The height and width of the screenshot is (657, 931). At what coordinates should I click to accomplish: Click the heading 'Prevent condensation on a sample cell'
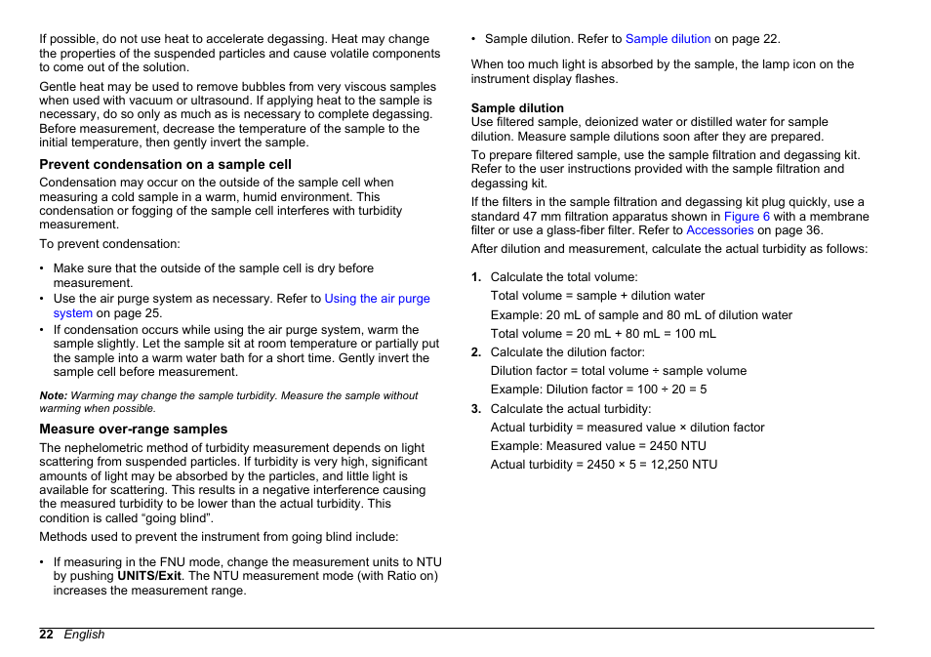tap(165, 165)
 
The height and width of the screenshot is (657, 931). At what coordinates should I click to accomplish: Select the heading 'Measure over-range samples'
tap(133, 430)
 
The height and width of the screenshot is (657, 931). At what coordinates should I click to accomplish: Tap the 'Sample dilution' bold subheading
tap(517, 108)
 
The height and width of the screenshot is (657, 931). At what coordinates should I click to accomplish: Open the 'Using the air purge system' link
tap(377, 299)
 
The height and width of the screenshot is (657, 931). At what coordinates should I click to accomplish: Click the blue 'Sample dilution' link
tap(668, 39)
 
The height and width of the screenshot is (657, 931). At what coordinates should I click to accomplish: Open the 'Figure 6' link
tap(747, 217)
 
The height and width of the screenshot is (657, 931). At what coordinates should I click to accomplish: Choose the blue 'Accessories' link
tap(719, 230)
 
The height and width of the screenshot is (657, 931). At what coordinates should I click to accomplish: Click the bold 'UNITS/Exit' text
tap(150, 576)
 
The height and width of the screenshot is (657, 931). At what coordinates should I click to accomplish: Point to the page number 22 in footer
tap(46, 635)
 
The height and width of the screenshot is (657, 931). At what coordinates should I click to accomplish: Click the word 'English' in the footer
tap(84, 635)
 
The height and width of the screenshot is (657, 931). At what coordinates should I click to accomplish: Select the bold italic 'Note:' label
tap(53, 395)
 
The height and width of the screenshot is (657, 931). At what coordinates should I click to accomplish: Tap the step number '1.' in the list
tap(476, 277)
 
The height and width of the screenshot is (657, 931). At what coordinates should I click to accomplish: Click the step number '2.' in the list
tap(476, 352)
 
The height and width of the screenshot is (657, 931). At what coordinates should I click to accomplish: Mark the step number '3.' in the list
tap(476, 409)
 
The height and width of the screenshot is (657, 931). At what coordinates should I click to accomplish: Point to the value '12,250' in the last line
tap(666, 465)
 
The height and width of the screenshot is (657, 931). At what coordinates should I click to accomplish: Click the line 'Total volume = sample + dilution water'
tap(597, 296)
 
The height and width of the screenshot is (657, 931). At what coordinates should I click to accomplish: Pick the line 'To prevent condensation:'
tap(109, 244)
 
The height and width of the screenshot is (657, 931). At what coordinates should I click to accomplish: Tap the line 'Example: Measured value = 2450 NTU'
tap(597, 446)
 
